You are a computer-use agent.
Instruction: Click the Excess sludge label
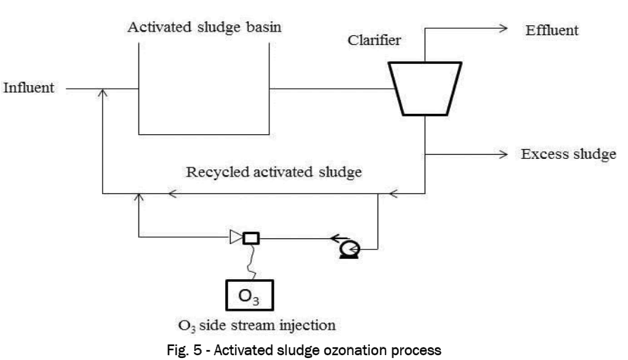[x=568, y=153]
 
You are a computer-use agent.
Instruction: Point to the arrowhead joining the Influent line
[x=103, y=94]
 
